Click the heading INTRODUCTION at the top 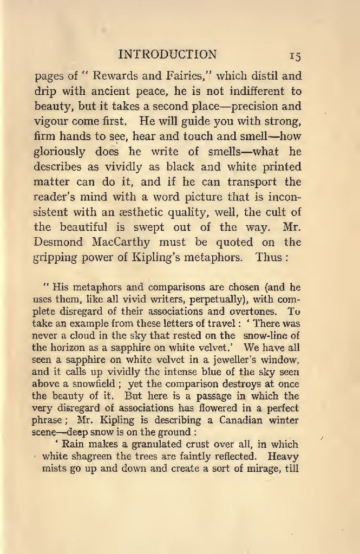167,54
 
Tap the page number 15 295,55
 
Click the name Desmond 58,242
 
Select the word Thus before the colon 269,257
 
